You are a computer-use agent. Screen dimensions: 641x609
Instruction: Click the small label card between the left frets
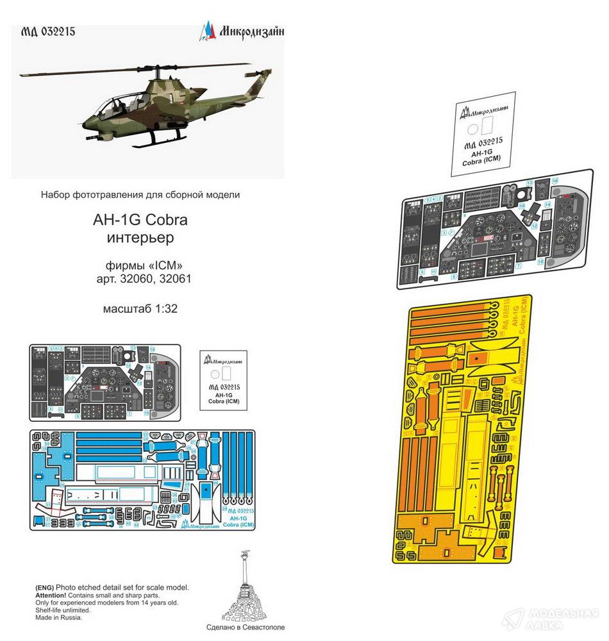[x=224, y=383]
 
